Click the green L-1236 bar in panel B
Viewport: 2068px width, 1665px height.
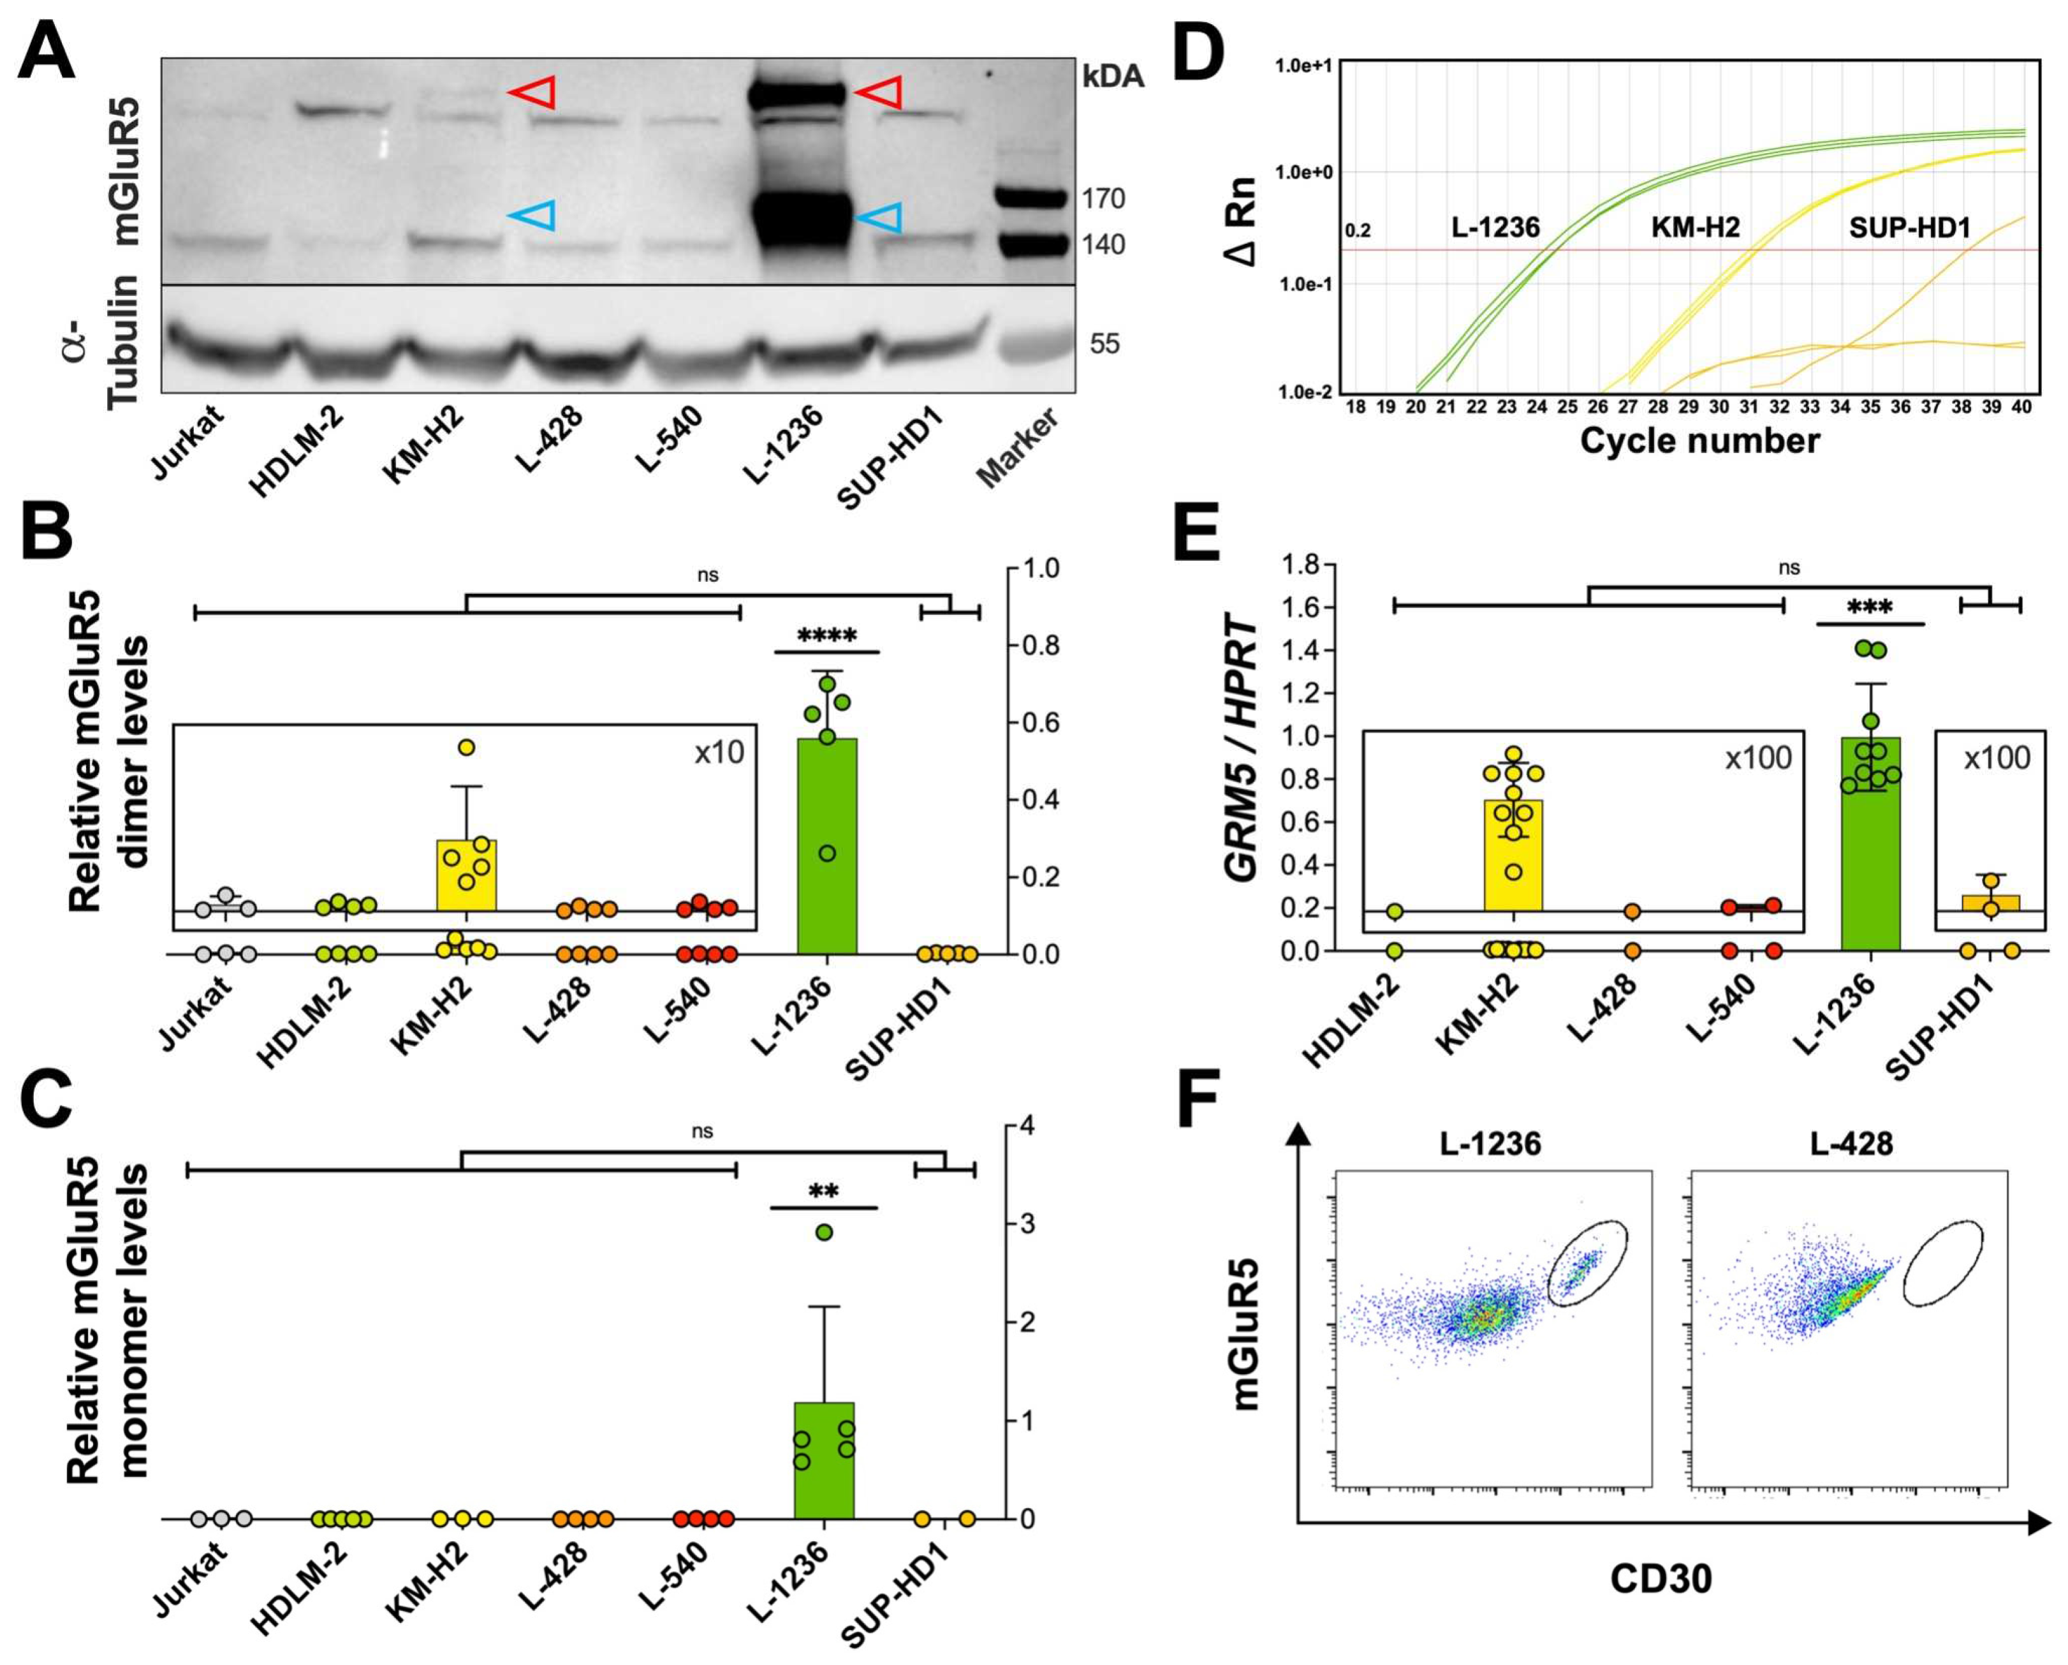(x=827, y=845)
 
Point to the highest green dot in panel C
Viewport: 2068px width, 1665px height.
(x=823, y=1232)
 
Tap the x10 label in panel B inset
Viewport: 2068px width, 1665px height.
(x=719, y=752)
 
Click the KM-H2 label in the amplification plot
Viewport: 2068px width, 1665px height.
(x=1695, y=228)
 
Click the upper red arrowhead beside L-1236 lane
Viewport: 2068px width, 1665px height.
(x=879, y=93)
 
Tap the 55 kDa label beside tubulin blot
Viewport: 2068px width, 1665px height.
(x=1104, y=344)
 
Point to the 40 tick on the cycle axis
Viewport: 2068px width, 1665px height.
(x=2021, y=407)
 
